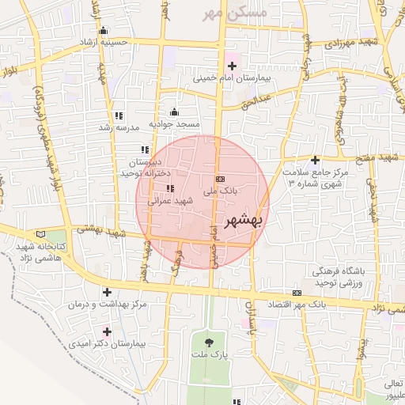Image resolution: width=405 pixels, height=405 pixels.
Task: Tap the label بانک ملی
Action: pos(221,191)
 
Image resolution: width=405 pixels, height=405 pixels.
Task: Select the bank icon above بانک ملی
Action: pos(220,179)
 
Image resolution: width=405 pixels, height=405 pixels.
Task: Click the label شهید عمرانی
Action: pos(171,202)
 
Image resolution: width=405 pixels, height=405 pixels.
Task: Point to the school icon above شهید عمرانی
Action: pos(170,188)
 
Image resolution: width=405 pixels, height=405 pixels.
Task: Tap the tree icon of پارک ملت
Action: pos(209,343)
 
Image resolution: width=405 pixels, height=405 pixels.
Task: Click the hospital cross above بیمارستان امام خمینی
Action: pos(232,66)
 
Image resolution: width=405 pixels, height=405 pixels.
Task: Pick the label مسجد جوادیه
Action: pos(176,125)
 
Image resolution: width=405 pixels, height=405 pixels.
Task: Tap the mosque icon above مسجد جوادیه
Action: pos(175,112)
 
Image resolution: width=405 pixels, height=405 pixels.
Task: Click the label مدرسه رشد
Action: pos(119,127)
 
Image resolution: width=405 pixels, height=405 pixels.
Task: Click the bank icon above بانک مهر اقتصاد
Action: pos(297,292)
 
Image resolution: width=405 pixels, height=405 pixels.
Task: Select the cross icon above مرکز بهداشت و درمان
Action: pos(108,293)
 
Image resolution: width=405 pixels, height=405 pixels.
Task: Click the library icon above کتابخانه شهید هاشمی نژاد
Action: pos(42,236)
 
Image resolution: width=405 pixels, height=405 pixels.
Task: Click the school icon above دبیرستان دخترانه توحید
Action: pos(145,150)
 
